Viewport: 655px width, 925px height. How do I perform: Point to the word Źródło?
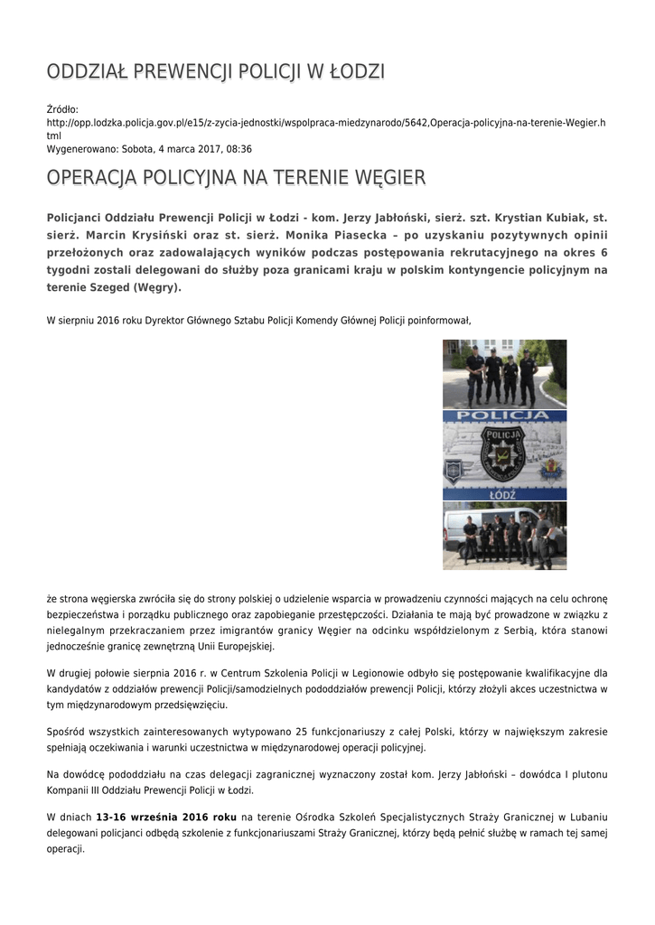coord(62,108)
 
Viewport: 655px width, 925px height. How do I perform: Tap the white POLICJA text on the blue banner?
coord(504,416)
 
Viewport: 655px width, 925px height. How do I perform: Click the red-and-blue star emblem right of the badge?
coord(553,470)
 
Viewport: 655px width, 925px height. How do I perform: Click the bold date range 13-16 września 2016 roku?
coord(166,817)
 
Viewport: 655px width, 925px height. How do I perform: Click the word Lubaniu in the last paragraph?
coord(585,817)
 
